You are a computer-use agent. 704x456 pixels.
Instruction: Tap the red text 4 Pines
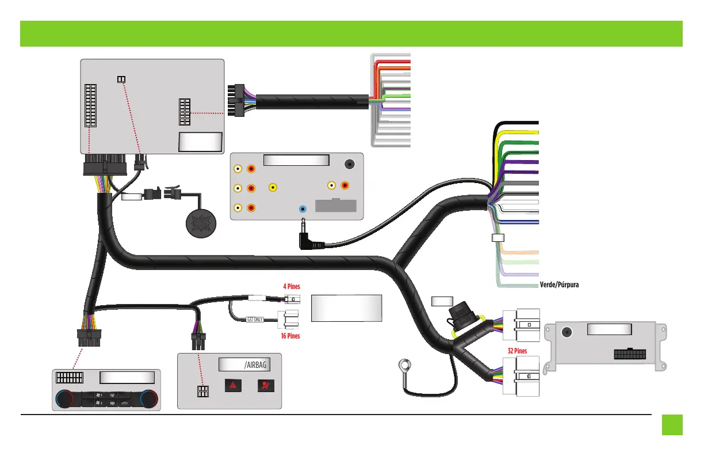click(x=291, y=286)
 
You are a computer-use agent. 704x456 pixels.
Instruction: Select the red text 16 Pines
click(x=290, y=335)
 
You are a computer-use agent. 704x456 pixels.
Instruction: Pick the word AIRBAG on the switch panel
click(x=257, y=364)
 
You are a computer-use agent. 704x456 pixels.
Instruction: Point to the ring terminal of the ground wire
click(x=405, y=364)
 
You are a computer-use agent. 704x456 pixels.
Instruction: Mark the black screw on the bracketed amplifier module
click(x=567, y=332)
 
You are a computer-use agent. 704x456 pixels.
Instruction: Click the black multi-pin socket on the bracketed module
click(x=630, y=353)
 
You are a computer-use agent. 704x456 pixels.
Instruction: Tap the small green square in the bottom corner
click(x=672, y=425)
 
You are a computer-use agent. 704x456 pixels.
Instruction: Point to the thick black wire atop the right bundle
click(x=515, y=123)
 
